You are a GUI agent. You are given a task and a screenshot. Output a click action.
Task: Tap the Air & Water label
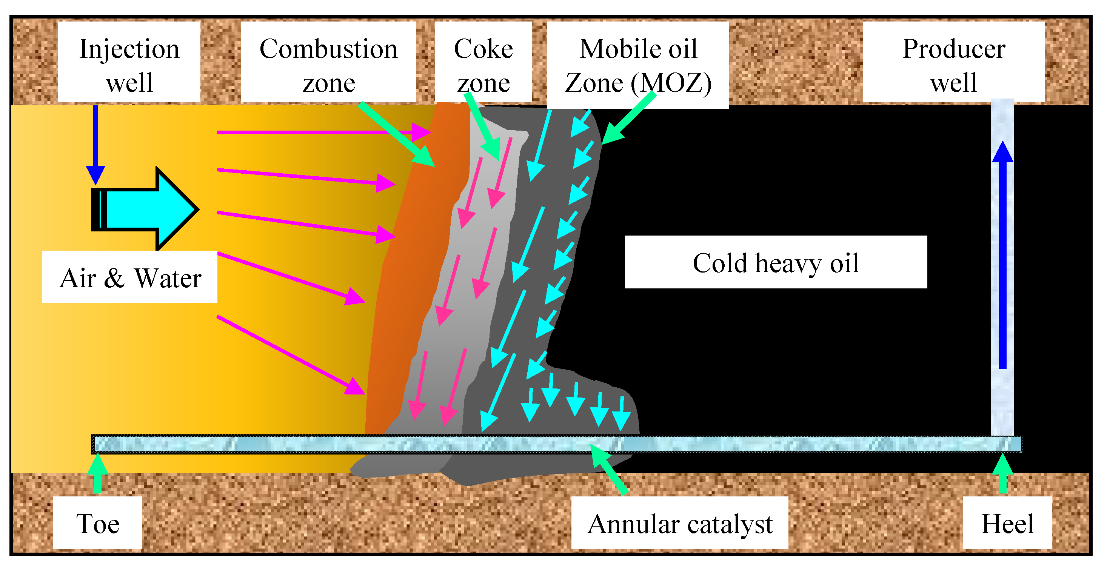pyautogui.click(x=130, y=277)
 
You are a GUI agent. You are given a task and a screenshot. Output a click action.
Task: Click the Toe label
pyautogui.click(x=97, y=523)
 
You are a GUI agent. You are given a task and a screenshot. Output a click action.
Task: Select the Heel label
pyautogui.click(x=1007, y=523)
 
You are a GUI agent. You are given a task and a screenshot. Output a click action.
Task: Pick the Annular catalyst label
pyautogui.click(x=680, y=523)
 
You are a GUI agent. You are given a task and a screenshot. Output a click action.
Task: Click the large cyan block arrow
pyautogui.click(x=146, y=210)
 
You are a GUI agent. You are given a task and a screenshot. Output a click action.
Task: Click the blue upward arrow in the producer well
pyautogui.click(x=1002, y=254)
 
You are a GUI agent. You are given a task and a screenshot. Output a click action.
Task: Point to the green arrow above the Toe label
pyautogui.click(x=97, y=473)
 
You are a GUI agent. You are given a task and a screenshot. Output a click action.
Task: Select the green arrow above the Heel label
pyautogui.click(x=1002, y=473)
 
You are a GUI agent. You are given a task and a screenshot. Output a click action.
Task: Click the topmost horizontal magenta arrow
pyautogui.click(x=322, y=132)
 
